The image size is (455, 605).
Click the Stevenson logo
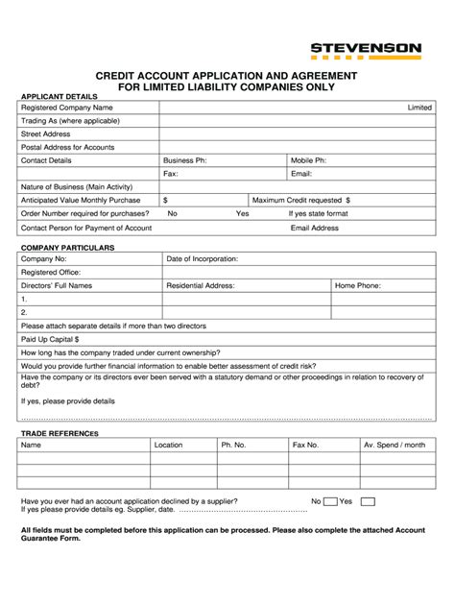366,50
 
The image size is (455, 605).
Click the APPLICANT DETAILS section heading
60,97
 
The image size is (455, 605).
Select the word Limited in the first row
419,108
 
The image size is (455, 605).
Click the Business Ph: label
185,160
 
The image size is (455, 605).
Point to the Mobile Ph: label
309,160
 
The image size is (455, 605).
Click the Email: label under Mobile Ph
302,174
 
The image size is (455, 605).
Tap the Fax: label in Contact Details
171,174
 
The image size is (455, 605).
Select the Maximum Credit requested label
300,200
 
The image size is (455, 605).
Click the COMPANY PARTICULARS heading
67,248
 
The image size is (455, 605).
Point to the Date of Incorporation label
203,258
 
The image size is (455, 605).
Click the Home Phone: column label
358,285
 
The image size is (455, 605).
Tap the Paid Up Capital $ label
50,339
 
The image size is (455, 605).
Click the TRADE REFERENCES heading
60,433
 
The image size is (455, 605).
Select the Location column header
168,445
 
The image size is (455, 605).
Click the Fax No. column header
306,445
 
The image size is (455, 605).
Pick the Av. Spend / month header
394,445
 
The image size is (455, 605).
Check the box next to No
330,501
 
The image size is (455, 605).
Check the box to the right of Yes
367,501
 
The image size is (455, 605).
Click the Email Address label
315,228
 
